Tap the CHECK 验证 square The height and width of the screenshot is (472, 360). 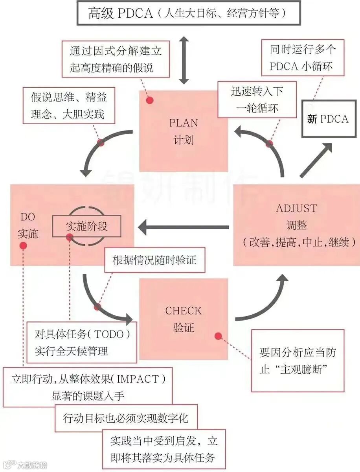tap(184, 319)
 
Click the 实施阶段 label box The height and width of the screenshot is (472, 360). tap(86, 227)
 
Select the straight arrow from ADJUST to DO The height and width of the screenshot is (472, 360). tap(183, 227)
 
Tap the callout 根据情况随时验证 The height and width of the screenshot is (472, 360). tap(154, 260)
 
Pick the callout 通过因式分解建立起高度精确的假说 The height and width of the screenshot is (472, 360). tap(116, 59)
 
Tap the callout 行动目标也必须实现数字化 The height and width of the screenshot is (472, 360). tap(126, 418)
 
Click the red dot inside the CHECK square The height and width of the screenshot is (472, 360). tap(218, 336)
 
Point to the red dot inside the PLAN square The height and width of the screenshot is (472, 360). tap(149, 100)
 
